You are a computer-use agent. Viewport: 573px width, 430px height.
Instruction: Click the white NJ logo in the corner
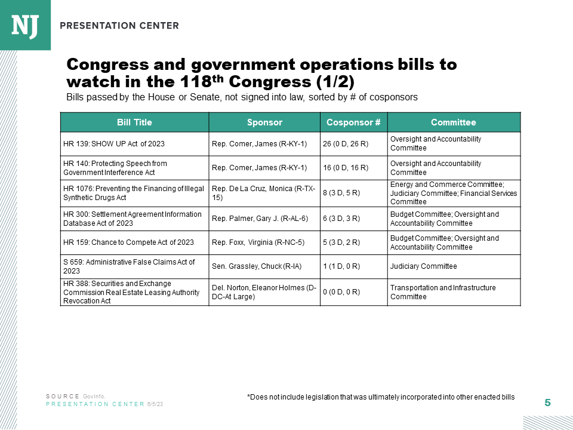coord(25,25)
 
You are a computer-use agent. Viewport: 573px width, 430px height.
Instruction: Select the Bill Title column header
coord(134,122)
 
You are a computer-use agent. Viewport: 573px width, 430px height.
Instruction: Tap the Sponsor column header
coord(264,122)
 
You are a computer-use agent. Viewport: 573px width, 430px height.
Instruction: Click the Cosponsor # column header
coord(353,122)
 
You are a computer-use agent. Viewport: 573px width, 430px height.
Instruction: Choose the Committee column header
coord(454,122)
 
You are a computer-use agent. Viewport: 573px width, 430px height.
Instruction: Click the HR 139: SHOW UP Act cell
coord(114,144)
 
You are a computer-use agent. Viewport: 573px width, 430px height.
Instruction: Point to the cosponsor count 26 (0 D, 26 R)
coord(346,144)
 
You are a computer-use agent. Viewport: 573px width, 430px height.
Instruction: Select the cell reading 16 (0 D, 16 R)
coord(346,168)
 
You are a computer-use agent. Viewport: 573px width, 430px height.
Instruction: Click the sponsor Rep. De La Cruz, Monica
coord(264,193)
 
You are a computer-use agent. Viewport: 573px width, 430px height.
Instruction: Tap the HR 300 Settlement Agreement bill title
coord(133,219)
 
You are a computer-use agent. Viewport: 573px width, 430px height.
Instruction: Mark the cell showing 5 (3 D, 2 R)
coord(341,242)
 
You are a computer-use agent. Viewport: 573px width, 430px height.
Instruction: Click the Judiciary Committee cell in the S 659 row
coord(424,266)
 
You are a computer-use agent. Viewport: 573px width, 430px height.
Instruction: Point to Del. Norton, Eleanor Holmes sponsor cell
coord(264,292)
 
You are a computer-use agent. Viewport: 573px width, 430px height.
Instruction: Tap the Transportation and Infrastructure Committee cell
coord(443,292)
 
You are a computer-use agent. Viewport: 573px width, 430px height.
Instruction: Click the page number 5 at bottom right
coord(547,403)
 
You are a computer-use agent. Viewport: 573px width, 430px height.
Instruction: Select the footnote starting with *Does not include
coord(380,397)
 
